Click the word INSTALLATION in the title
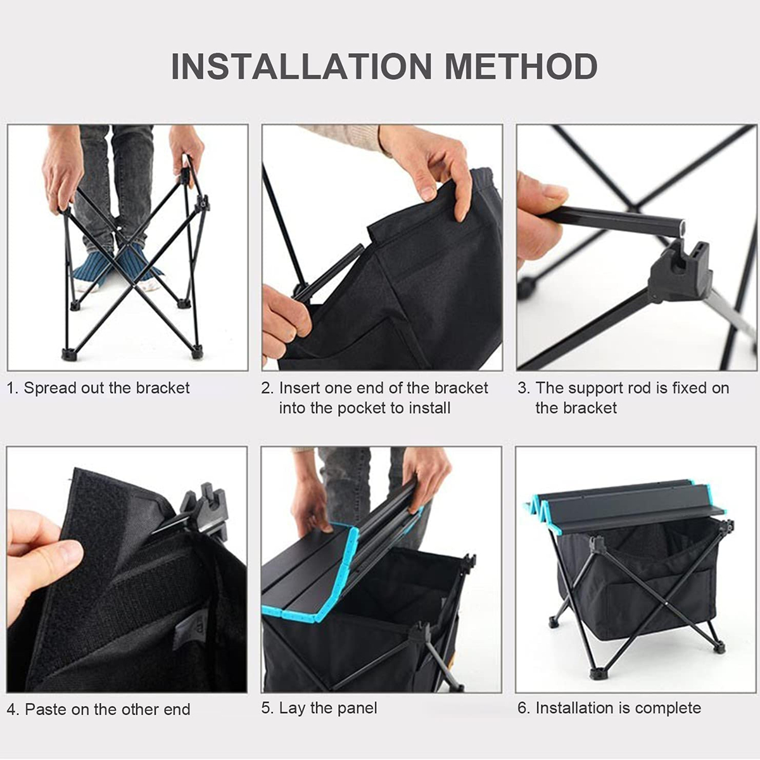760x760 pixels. (301, 66)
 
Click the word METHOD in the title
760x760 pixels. (521, 66)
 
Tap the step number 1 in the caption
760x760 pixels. (10, 388)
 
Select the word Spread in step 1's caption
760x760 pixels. (51, 388)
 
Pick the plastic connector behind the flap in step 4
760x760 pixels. (205, 509)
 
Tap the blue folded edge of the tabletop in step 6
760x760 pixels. (540, 509)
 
